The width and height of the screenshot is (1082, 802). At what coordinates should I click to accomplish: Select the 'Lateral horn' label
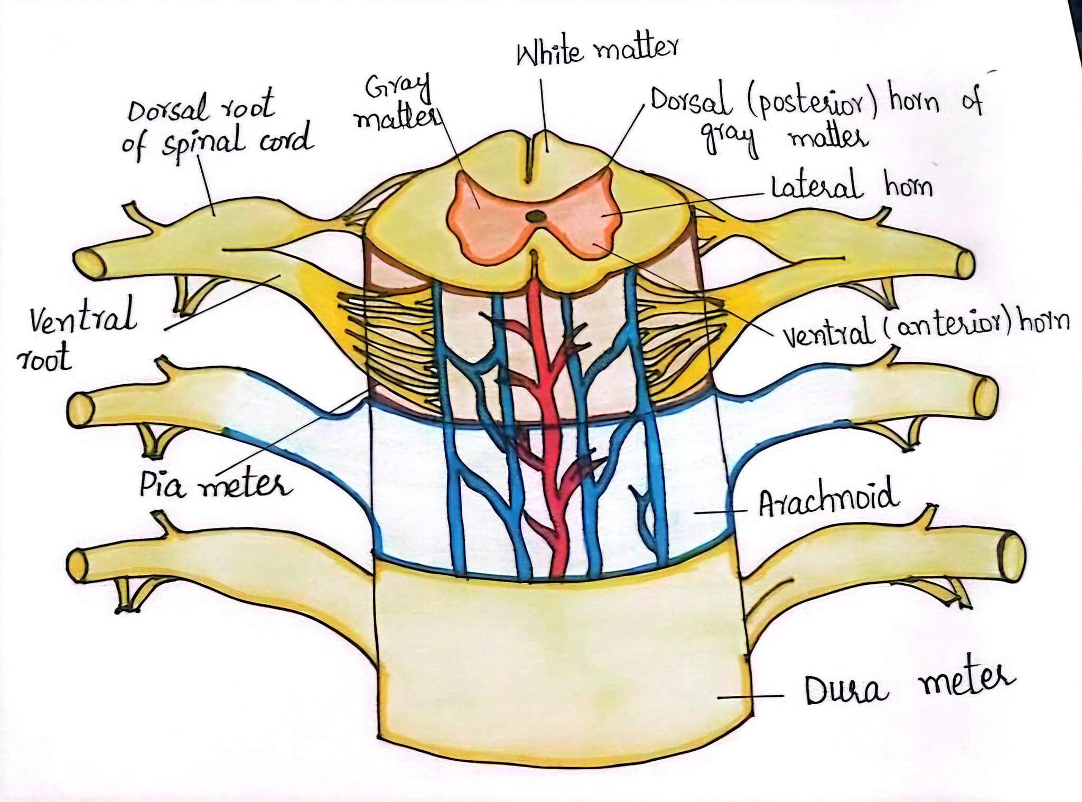852,187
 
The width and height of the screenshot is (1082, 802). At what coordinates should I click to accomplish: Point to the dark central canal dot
536,216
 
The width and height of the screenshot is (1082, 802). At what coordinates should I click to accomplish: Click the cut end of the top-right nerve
965,264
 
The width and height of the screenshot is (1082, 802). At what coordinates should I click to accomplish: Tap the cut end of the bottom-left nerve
79,565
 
